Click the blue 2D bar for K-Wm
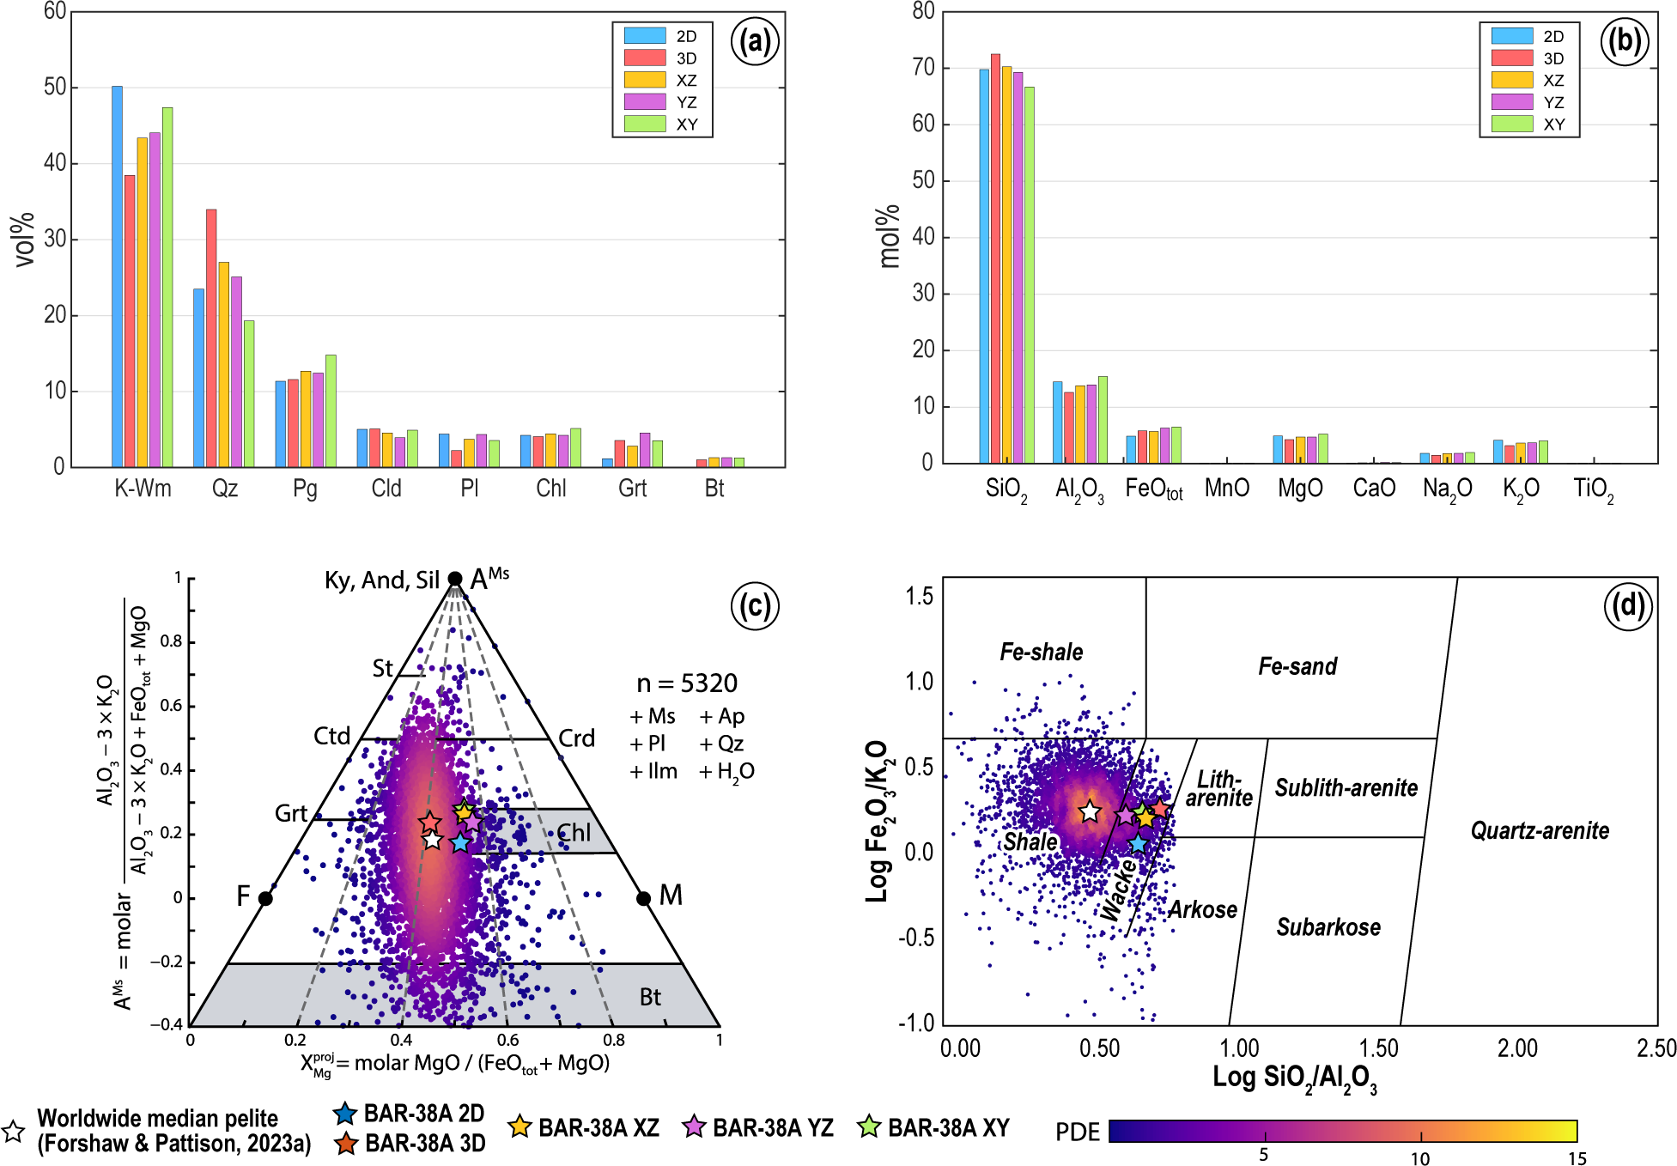click(x=117, y=276)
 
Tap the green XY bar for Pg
click(x=331, y=410)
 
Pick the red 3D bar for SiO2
click(x=995, y=258)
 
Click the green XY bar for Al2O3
click(x=1103, y=419)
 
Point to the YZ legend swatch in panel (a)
click(x=645, y=102)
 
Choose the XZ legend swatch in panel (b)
click(x=1512, y=80)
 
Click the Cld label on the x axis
click(x=386, y=489)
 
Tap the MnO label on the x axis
click(x=1227, y=489)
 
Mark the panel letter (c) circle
click(x=755, y=606)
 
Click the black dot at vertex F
click(x=265, y=899)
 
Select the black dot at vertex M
click(x=643, y=899)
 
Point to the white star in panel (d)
click(x=1090, y=811)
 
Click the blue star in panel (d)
click(x=1138, y=843)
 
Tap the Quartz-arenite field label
click(x=1540, y=830)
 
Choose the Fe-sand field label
click(x=1297, y=666)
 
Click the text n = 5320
click(x=687, y=683)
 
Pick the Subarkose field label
click(x=1328, y=927)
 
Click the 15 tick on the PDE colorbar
click(x=1577, y=1158)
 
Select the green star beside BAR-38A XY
click(x=870, y=1127)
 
